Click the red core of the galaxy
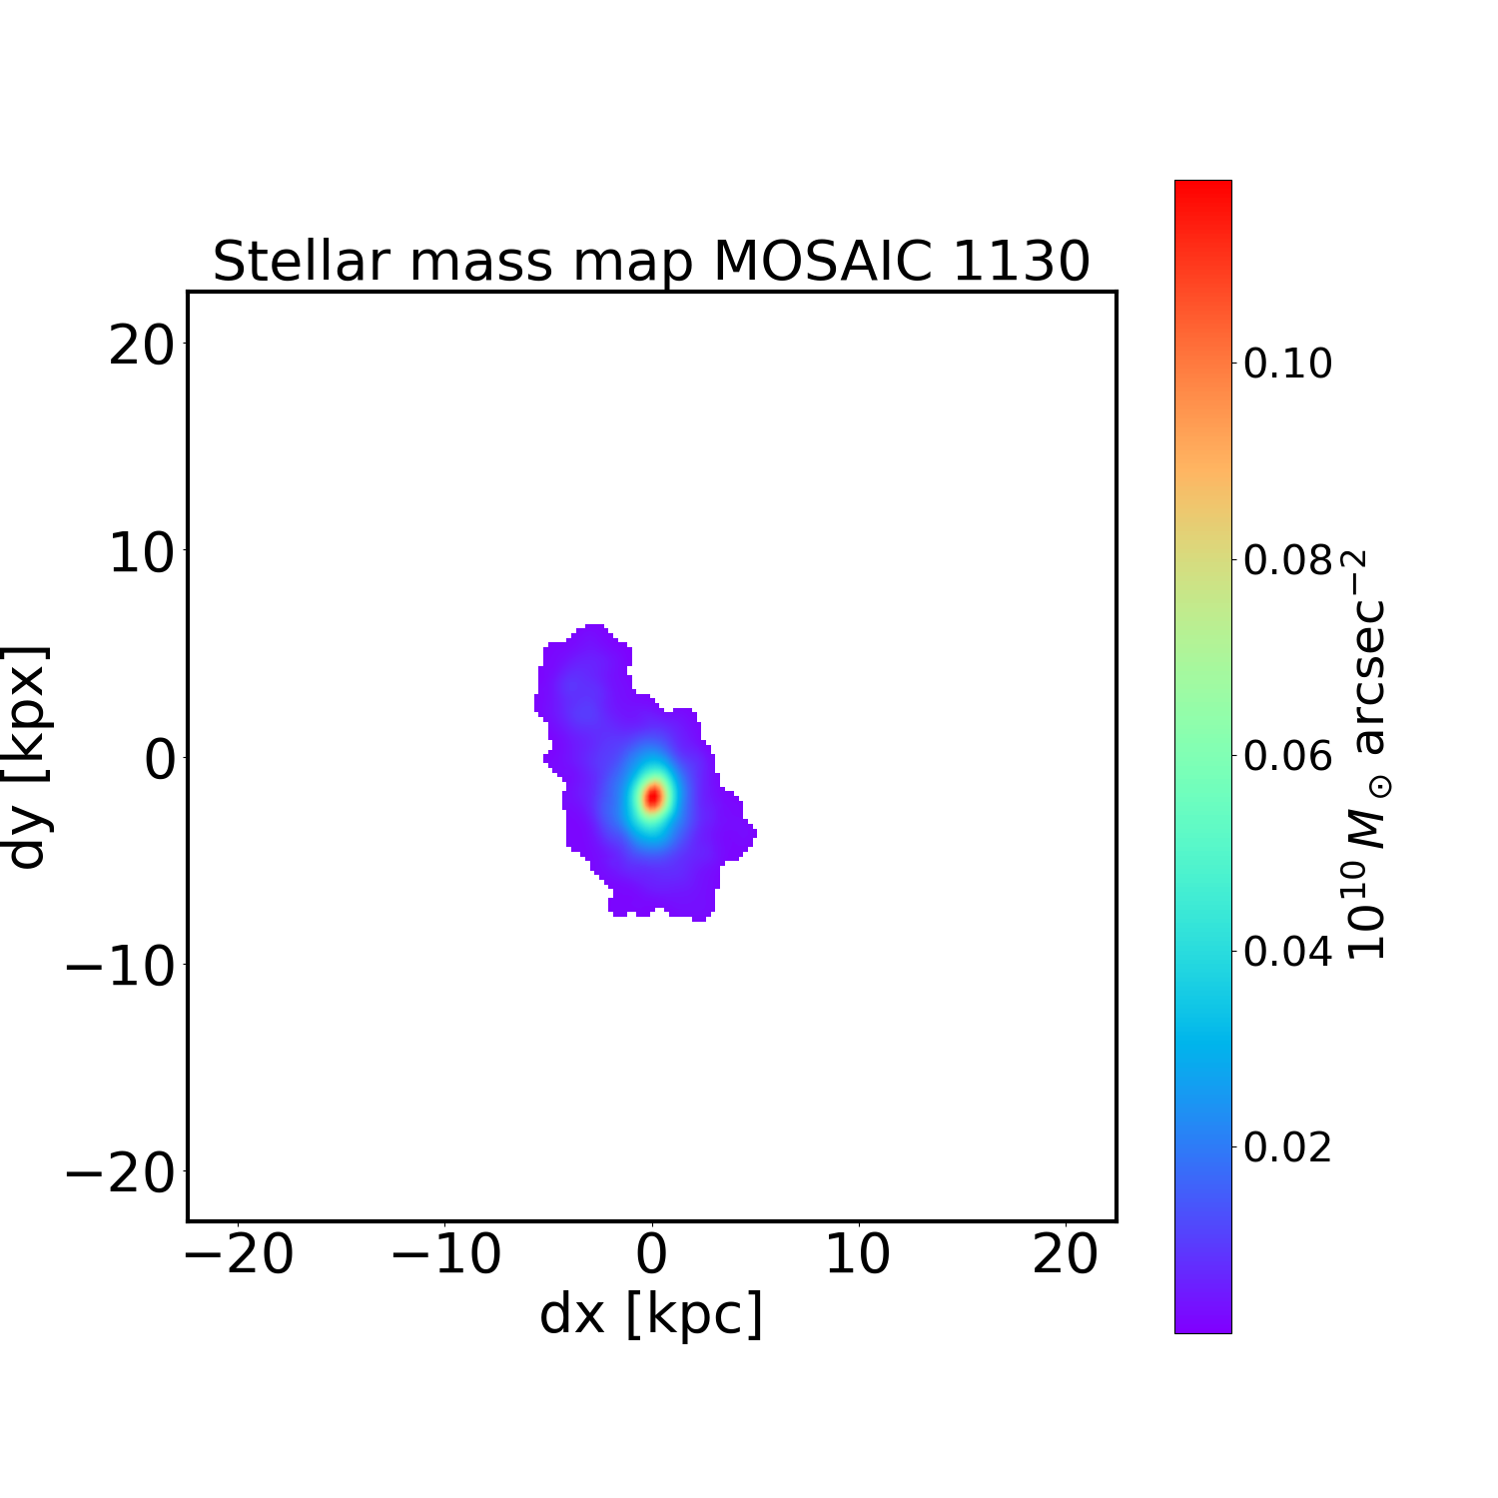click(x=653, y=797)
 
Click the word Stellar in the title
click(x=301, y=262)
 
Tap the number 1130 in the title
click(x=1021, y=262)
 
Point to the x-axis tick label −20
click(x=239, y=1254)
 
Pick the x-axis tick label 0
click(x=652, y=1254)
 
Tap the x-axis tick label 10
click(x=858, y=1254)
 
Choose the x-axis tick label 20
click(x=1065, y=1254)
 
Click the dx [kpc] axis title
click(x=651, y=1313)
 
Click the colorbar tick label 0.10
click(x=1287, y=364)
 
